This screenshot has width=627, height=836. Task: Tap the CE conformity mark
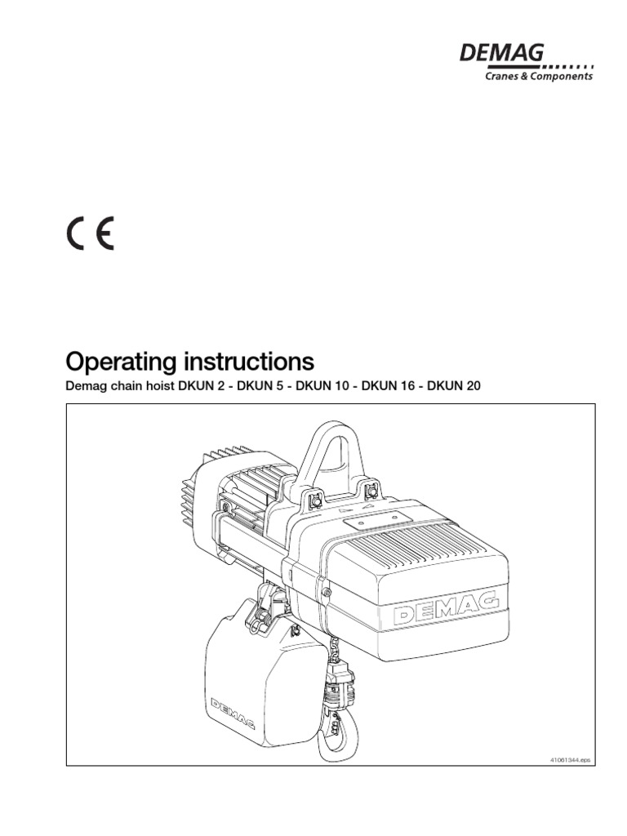tap(90, 233)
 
